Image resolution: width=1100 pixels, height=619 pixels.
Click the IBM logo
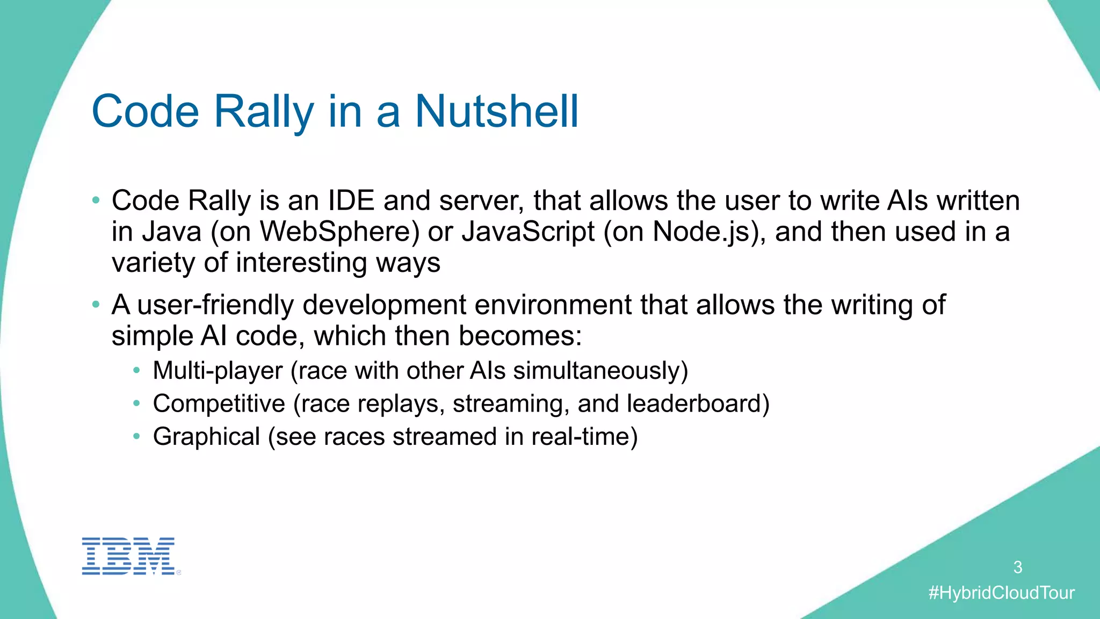tap(128, 556)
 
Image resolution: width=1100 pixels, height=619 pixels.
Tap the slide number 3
tap(1017, 567)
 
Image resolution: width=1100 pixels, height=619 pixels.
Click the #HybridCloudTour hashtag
tap(1001, 593)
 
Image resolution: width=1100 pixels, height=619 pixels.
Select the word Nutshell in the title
tap(497, 111)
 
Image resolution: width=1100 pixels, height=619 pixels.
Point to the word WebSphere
tap(339, 232)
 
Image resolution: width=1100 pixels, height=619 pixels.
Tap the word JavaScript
tap(528, 232)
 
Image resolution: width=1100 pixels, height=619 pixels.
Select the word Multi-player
tap(218, 371)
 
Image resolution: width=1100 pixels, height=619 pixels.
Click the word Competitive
tap(219, 404)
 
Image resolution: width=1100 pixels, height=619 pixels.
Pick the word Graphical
tap(206, 436)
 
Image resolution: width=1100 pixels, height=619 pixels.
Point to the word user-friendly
tap(215, 305)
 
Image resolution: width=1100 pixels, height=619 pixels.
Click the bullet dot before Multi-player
tap(137, 371)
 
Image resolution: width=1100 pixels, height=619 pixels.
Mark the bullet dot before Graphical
tap(137, 436)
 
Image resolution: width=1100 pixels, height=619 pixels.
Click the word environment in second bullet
tap(553, 305)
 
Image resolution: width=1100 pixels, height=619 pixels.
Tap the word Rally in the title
tap(264, 111)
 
